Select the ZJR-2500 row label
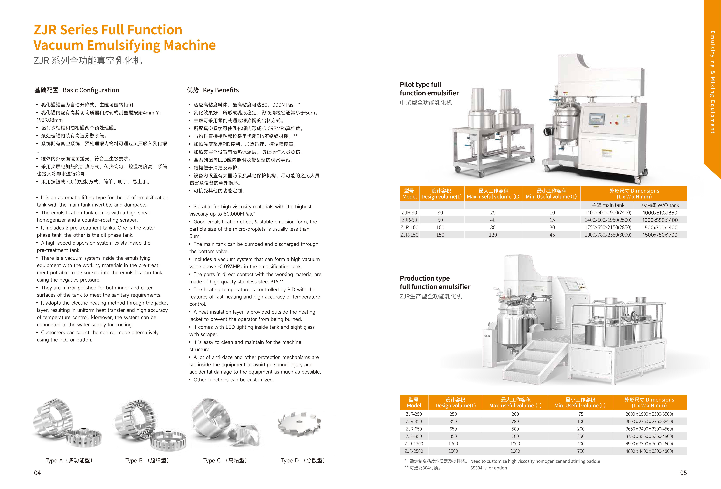click(414, 451)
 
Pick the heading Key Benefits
click(221, 90)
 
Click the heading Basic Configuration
click(91, 90)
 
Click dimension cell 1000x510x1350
click(660, 213)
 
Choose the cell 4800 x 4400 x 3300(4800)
click(649, 451)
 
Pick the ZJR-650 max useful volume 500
click(515, 429)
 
